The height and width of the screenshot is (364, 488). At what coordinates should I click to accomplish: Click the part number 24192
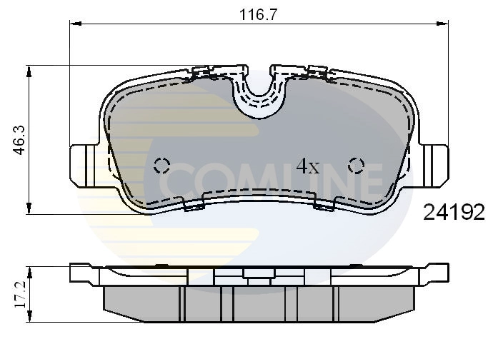click(x=454, y=212)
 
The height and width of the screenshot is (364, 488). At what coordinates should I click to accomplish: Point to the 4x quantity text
click(x=308, y=166)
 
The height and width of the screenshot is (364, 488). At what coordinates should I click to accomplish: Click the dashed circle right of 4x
click(x=356, y=166)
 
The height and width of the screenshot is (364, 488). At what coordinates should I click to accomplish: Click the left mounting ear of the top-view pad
click(x=84, y=163)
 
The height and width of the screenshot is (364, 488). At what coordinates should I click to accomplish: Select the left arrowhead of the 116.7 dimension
click(x=73, y=24)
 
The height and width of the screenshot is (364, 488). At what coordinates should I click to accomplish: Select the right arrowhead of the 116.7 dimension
click(x=444, y=24)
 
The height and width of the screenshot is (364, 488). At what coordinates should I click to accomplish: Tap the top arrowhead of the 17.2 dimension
click(x=29, y=270)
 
